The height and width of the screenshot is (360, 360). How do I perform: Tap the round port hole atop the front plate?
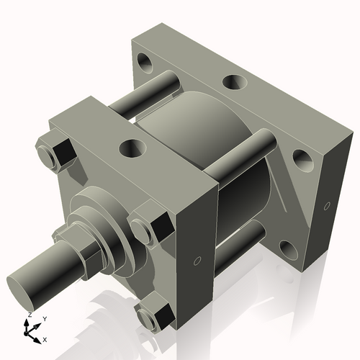(132, 150)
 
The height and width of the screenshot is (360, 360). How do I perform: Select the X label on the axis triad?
(45, 338)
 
